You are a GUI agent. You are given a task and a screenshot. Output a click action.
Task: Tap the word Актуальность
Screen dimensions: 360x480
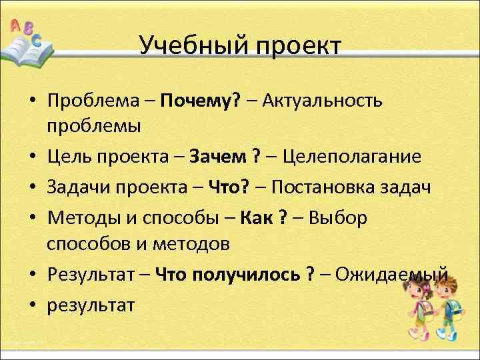coord(323,101)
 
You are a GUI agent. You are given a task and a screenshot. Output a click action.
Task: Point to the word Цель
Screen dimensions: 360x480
coord(69,157)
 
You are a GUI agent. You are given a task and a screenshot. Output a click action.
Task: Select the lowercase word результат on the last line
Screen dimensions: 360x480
coord(91,305)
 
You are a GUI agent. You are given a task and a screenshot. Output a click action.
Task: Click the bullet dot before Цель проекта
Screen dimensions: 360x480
coord(32,157)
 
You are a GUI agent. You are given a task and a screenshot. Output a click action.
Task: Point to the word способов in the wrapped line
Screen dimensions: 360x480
coord(85,244)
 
